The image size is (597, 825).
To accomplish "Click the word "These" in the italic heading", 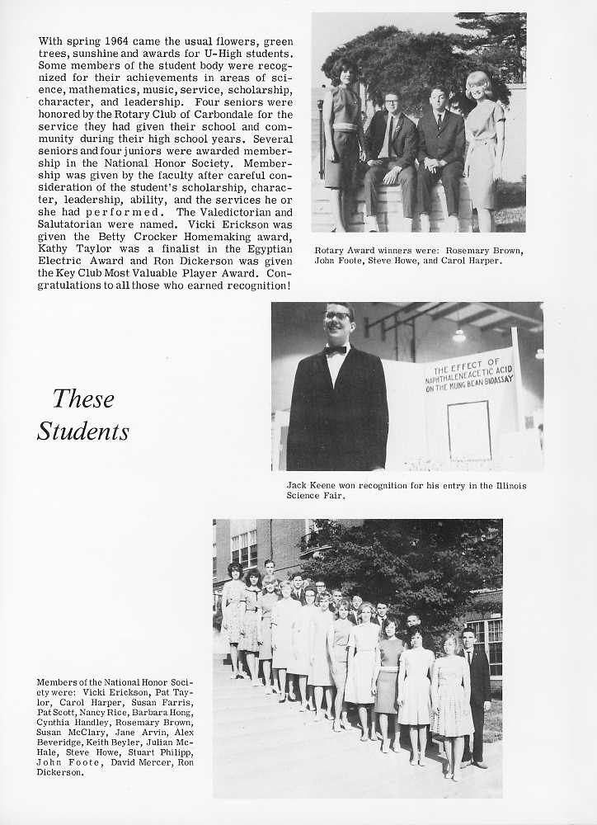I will coord(83,399).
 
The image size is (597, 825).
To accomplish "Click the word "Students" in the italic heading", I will coord(83,431).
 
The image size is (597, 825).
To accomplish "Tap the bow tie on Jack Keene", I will coord(335,350).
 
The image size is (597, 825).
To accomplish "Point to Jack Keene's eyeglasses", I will coord(337,316).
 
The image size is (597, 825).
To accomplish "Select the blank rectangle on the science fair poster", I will coord(469,429).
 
